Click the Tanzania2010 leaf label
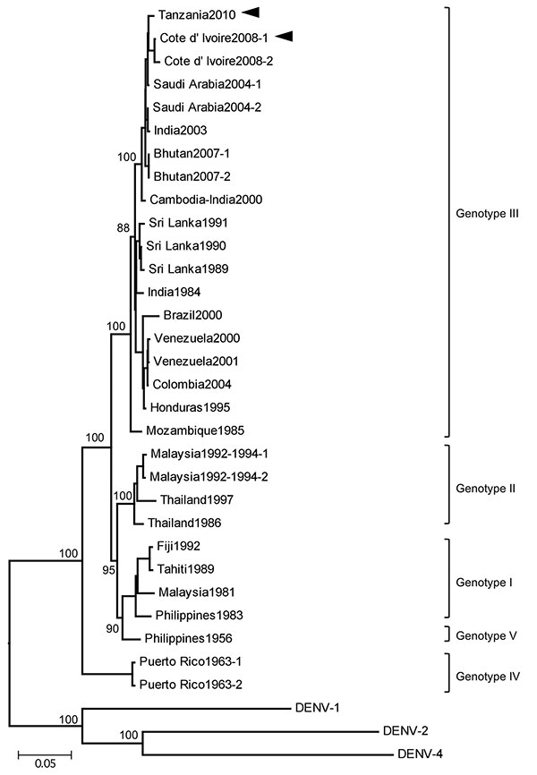click(197, 15)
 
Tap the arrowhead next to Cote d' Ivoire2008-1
click(285, 36)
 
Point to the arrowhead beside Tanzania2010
click(251, 13)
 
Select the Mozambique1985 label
click(195, 430)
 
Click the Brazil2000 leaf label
click(192, 315)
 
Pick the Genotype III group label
click(487, 214)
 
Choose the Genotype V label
click(486, 635)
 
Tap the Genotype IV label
click(488, 677)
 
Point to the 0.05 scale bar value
click(45, 763)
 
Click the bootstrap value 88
click(124, 228)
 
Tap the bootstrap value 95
click(109, 570)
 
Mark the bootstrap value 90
click(112, 628)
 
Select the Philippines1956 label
click(188, 638)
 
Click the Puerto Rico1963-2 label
click(191, 685)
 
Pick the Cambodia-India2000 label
click(206, 200)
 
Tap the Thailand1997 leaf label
click(197, 499)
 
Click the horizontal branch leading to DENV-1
click(186, 709)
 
